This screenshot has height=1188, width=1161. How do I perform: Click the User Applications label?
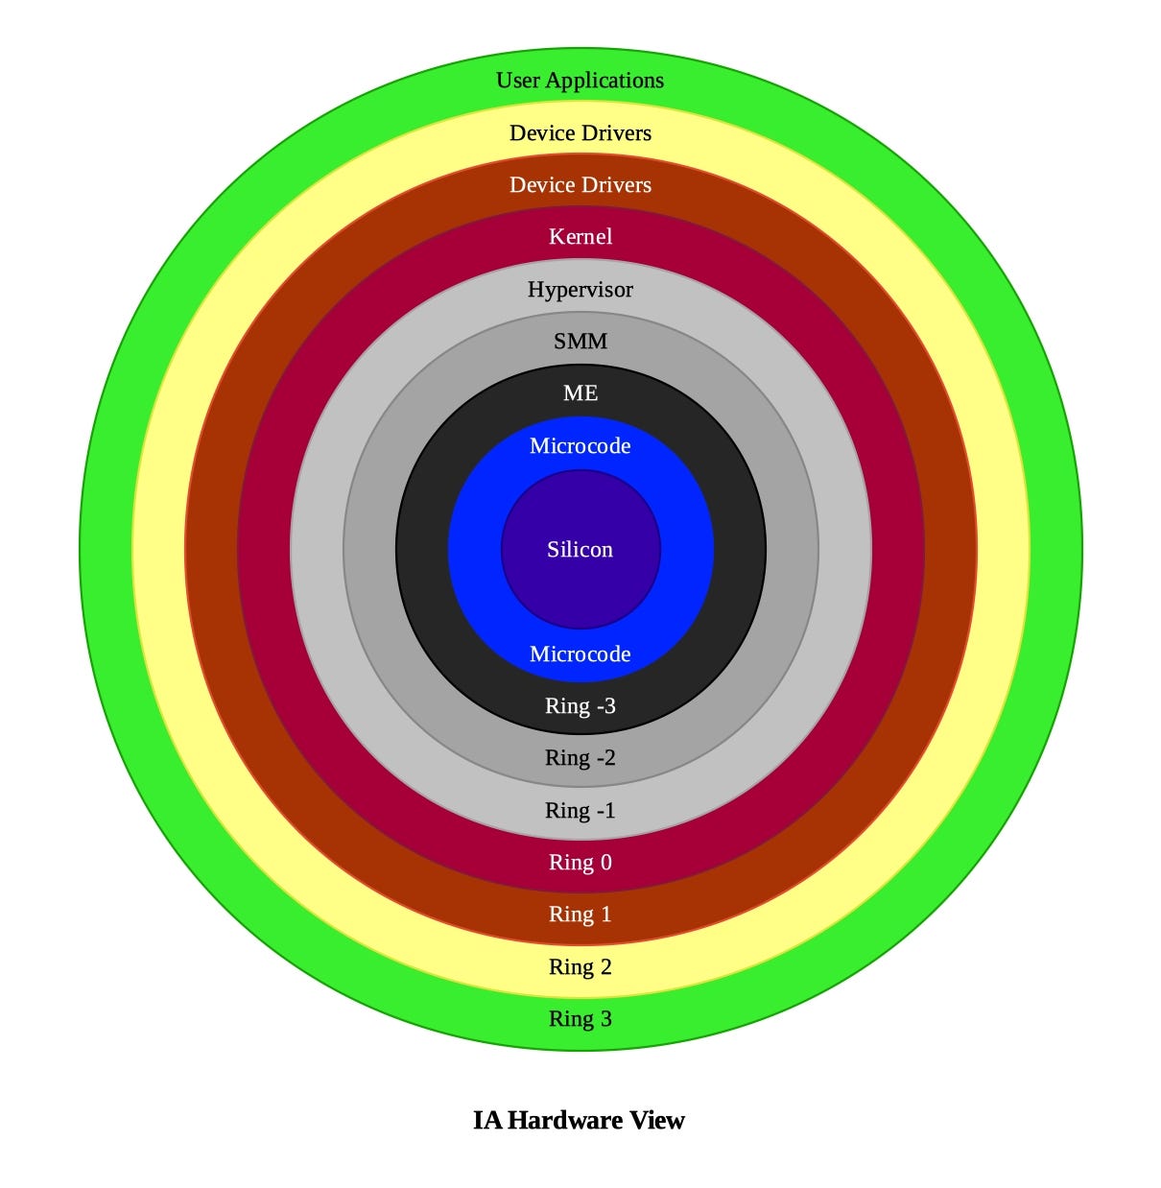point(580,81)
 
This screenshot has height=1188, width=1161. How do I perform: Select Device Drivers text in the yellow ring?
point(580,133)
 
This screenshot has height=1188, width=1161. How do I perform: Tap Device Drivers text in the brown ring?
point(580,185)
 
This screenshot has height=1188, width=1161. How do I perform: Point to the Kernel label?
point(580,237)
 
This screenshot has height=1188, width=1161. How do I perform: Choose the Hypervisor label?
point(580,290)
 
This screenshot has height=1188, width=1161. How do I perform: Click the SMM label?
point(580,342)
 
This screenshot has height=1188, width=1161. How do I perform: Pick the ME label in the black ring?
point(580,393)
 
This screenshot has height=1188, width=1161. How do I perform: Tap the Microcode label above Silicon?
point(580,446)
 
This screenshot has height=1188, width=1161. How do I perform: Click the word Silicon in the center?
point(580,550)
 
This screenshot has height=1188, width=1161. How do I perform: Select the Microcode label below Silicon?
point(580,654)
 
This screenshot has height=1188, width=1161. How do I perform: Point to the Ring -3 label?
point(580,706)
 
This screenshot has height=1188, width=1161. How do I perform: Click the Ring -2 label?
point(580,758)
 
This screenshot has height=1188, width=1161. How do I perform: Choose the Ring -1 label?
point(580,811)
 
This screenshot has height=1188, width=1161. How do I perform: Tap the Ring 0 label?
point(580,863)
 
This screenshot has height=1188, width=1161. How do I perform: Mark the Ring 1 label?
point(580,915)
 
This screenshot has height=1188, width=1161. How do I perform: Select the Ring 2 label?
point(580,967)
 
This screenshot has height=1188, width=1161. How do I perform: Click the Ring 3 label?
point(580,1019)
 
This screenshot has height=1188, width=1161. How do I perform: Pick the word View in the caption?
point(657,1121)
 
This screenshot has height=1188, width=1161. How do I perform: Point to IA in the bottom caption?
point(486,1121)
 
